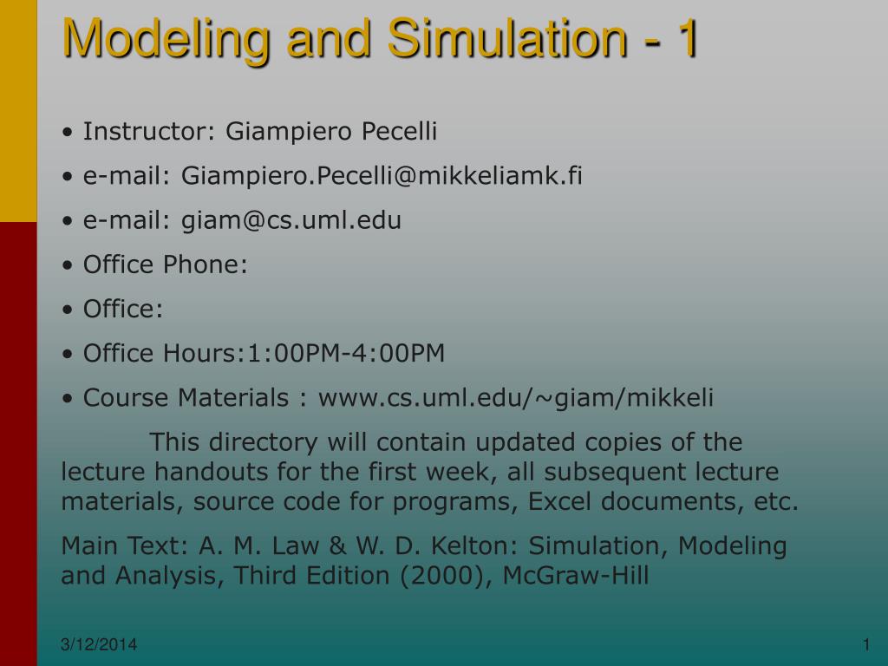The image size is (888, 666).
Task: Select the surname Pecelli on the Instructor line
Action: (399, 132)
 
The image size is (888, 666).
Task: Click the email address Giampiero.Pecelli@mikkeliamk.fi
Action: (382, 176)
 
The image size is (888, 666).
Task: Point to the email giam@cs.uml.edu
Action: (291, 220)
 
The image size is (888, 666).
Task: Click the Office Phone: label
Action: (166, 264)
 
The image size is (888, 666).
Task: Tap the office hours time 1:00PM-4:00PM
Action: (346, 353)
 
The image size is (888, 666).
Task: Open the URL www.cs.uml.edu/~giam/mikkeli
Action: (516, 398)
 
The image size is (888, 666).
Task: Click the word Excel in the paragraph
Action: (564, 502)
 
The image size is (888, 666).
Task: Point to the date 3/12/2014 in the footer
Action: (100, 644)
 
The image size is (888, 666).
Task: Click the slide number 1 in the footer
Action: (865, 643)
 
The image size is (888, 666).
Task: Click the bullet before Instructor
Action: (68, 133)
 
